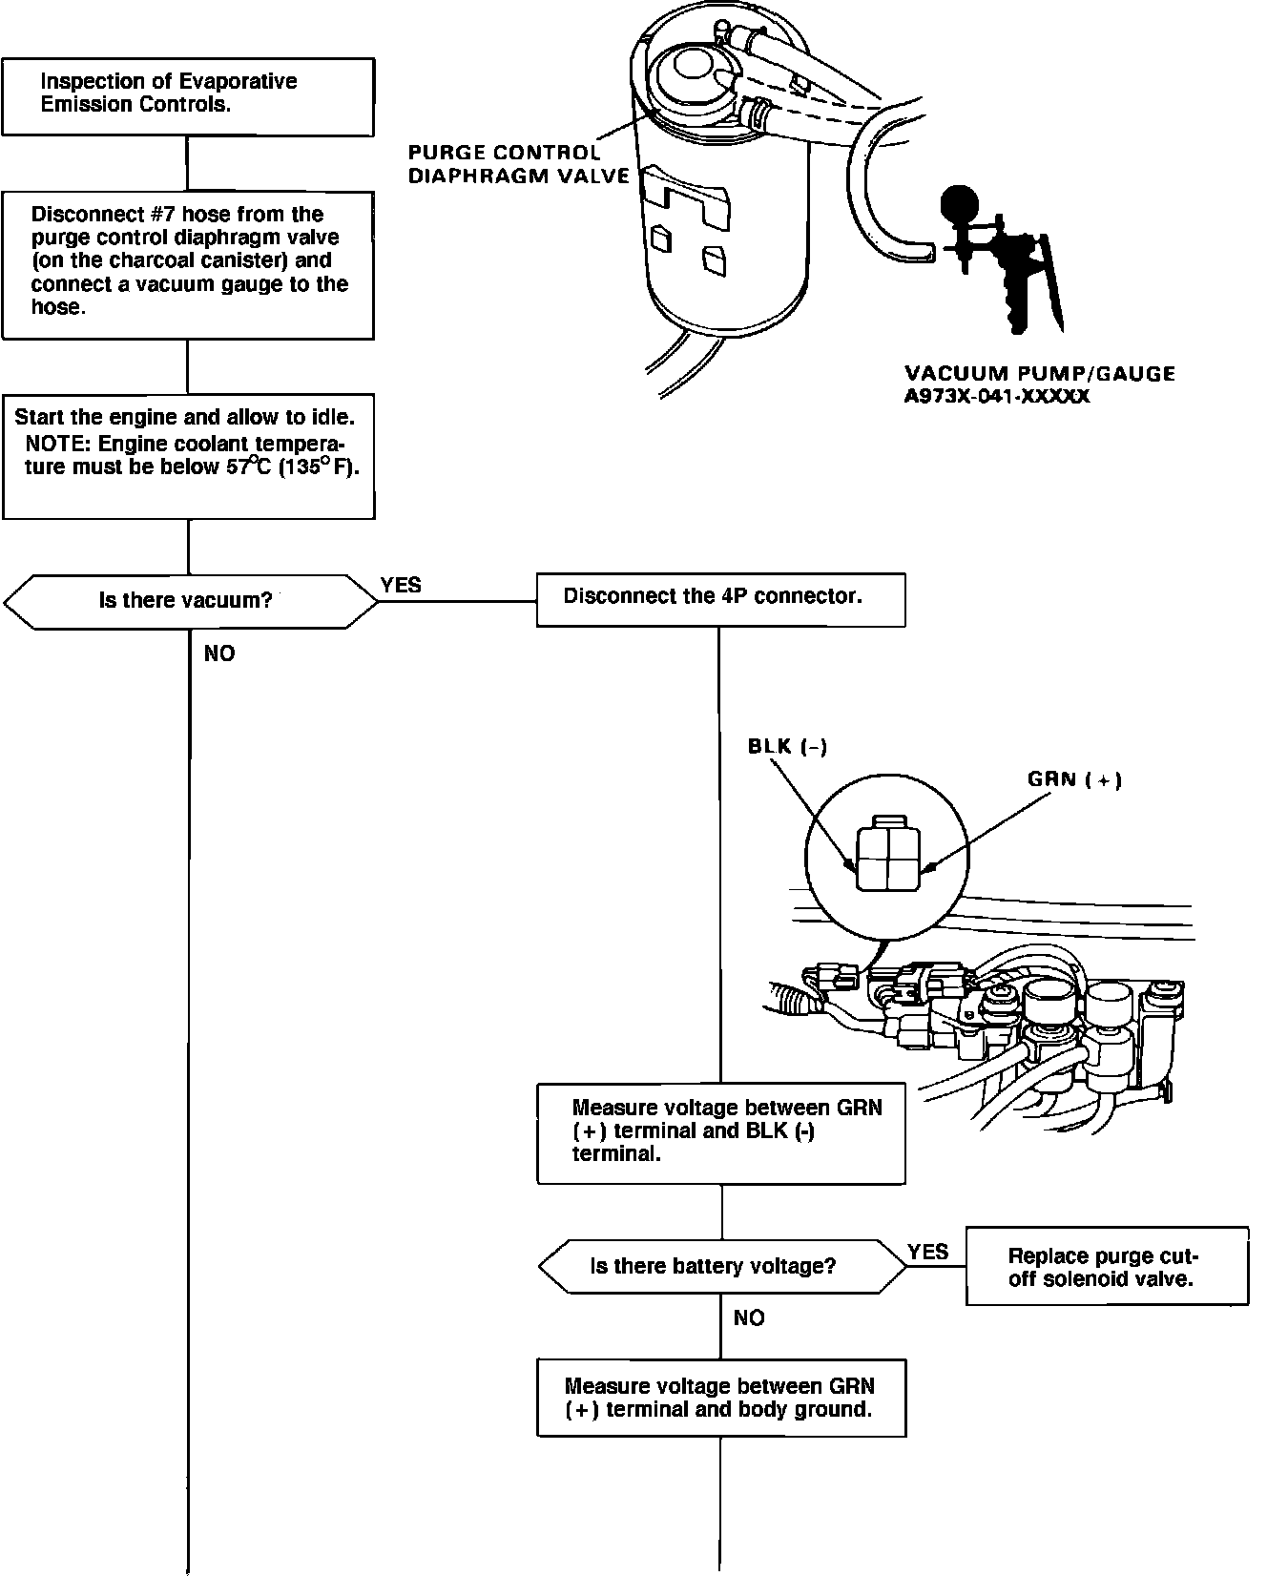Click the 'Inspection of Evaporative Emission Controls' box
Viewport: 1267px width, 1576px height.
[188, 96]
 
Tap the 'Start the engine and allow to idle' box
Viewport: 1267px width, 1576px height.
[188, 455]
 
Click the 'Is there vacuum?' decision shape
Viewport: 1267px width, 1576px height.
[188, 601]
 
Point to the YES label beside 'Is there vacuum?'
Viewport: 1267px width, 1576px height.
[401, 585]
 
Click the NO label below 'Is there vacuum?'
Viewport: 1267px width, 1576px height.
[219, 653]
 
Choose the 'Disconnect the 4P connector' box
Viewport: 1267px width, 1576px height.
[720, 598]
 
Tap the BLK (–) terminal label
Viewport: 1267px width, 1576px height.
[787, 746]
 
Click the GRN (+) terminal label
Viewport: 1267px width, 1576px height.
[1074, 779]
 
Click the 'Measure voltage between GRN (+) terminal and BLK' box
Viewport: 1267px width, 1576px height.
[720, 1132]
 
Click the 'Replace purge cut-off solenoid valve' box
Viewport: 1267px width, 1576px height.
[1106, 1267]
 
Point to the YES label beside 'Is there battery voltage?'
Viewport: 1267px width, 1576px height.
[927, 1252]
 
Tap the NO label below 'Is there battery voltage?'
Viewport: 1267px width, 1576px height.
[749, 1317]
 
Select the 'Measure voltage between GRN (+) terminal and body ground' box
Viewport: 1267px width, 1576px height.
[720, 1398]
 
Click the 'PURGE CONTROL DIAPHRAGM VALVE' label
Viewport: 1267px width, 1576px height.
[518, 164]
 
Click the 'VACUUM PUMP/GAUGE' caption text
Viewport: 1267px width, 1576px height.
[1039, 373]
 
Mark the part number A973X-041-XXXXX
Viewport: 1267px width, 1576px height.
[996, 395]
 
